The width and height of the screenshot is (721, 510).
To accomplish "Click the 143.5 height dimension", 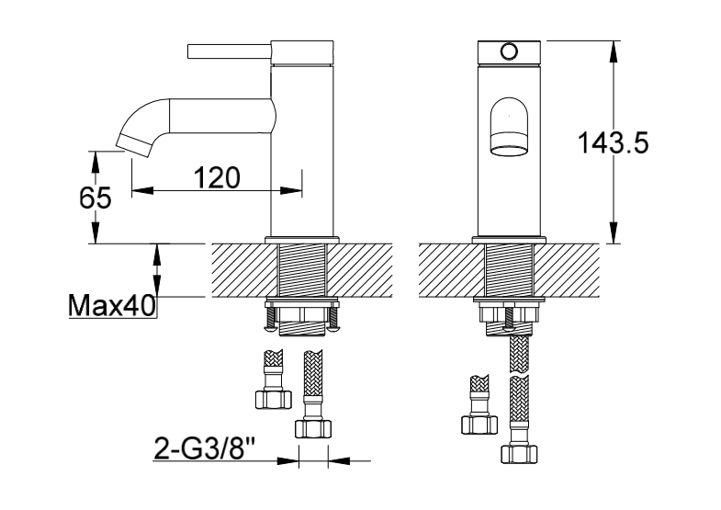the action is coord(613,142).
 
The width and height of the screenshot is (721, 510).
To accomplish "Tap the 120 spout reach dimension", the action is coord(217,177).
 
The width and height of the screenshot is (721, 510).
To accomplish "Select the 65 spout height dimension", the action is coord(96,198).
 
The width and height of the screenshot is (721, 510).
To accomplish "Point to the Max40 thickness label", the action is coord(112,306).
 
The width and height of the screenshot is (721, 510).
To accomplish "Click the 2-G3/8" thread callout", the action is coord(205,448).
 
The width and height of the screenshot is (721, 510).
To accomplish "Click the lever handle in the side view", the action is coord(229,51).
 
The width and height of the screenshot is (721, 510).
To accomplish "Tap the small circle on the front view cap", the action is coord(509,51).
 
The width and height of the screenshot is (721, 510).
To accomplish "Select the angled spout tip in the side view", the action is coord(134,144).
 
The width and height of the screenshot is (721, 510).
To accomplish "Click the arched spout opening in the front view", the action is coord(509,127).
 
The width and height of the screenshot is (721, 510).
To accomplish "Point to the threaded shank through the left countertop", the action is coord(301,270).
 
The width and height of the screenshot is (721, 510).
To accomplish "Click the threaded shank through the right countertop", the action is coord(509,270).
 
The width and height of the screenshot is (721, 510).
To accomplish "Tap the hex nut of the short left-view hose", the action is coord(273,399).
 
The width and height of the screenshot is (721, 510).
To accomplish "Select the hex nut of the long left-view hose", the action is coord(312,428).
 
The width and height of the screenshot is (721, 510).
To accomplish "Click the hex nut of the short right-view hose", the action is coord(479,425).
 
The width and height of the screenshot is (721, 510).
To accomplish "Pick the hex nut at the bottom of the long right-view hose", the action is coord(519,454).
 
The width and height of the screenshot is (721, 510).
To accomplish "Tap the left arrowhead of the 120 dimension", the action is coord(142,190).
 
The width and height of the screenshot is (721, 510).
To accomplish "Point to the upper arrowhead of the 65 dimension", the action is coord(96,162).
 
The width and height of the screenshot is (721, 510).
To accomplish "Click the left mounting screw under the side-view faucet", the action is coord(270,318).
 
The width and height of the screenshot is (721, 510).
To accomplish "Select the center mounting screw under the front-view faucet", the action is coord(509,317).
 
